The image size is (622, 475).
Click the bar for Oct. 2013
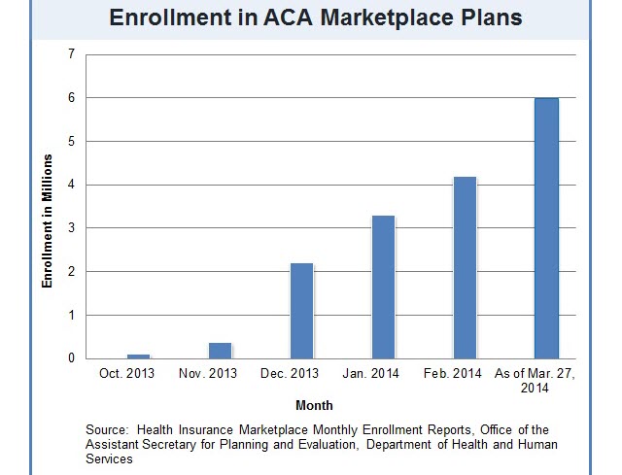(x=139, y=356)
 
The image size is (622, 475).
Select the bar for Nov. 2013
(x=221, y=351)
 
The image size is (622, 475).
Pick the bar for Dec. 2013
(x=302, y=311)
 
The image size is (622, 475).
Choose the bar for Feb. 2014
(x=466, y=268)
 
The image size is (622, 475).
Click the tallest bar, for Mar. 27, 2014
(x=547, y=228)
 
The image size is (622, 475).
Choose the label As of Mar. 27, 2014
(x=535, y=381)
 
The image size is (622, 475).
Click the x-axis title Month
(x=314, y=405)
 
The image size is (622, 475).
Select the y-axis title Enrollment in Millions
(x=47, y=234)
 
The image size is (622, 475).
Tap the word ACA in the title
(x=269, y=17)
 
